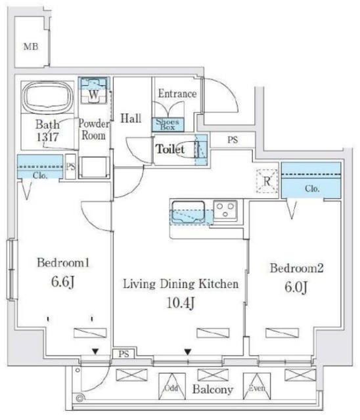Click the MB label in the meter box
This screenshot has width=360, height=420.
[31, 47]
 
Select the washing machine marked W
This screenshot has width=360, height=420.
[93, 91]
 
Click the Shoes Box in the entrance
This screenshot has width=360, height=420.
[168, 125]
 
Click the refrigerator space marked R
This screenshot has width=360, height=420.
[267, 181]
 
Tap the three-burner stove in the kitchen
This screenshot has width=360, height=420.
[225, 210]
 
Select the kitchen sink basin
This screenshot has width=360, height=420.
[188, 211]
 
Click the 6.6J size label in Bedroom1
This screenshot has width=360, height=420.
[62, 282]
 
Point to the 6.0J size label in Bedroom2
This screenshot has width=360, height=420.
[296, 287]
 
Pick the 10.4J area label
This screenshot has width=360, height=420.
[181, 303]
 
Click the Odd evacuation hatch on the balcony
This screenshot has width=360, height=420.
[172, 387]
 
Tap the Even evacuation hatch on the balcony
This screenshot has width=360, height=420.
[257, 387]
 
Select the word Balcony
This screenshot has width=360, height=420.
[213, 389]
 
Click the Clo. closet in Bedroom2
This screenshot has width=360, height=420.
[311, 180]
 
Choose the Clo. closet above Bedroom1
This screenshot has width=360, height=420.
[40, 167]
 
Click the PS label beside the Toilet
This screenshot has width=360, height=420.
[233, 140]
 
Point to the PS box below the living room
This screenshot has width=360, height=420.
[124, 354]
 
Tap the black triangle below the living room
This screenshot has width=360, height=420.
[188, 352]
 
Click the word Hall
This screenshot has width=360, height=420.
[131, 118]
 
